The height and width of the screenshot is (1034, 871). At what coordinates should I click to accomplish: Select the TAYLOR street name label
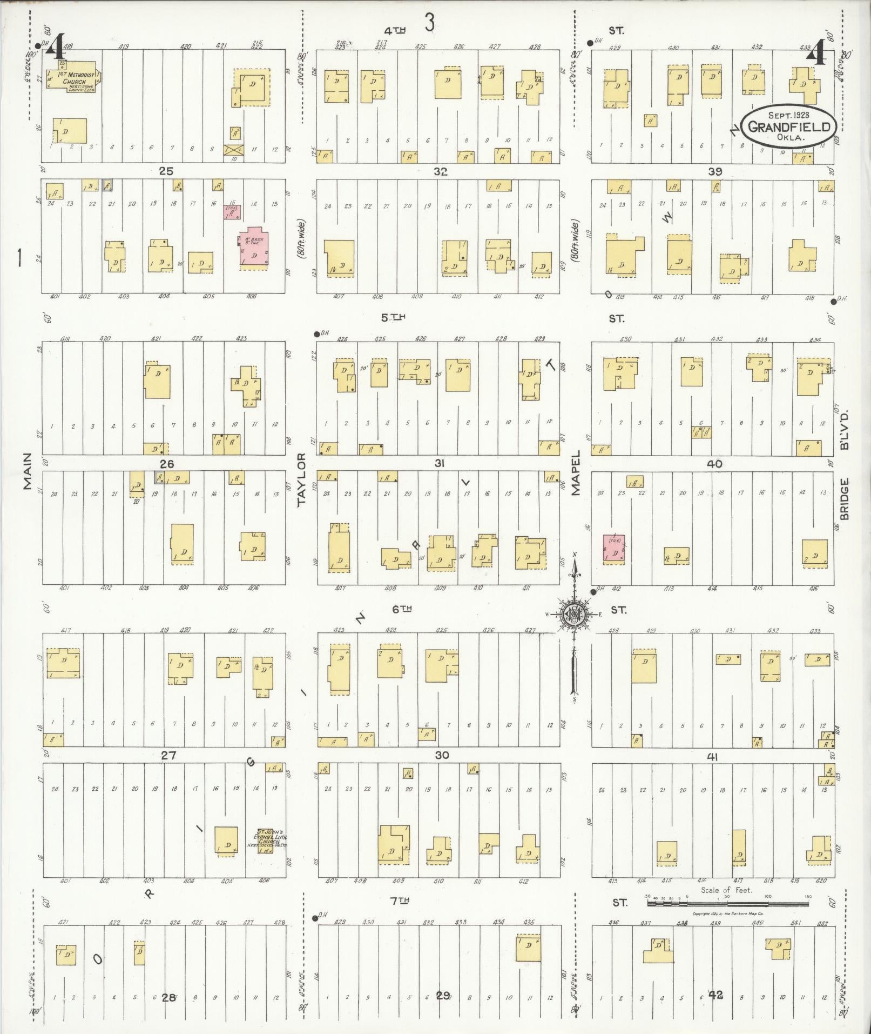(x=302, y=480)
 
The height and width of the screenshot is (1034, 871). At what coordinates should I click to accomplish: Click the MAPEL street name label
(x=576, y=472)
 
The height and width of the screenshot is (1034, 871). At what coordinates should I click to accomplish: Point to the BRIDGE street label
(x=845, y=498)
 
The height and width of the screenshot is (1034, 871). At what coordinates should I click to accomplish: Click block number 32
(x=440, y=172)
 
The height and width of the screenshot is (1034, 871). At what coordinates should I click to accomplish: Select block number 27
(x=168, y=756)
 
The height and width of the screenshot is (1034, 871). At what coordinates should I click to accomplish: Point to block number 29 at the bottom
(x=443, y=996)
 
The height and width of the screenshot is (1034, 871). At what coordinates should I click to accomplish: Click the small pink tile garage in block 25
(x=232, y=212)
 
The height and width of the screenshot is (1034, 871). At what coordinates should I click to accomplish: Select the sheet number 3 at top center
(x=429, y=23)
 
